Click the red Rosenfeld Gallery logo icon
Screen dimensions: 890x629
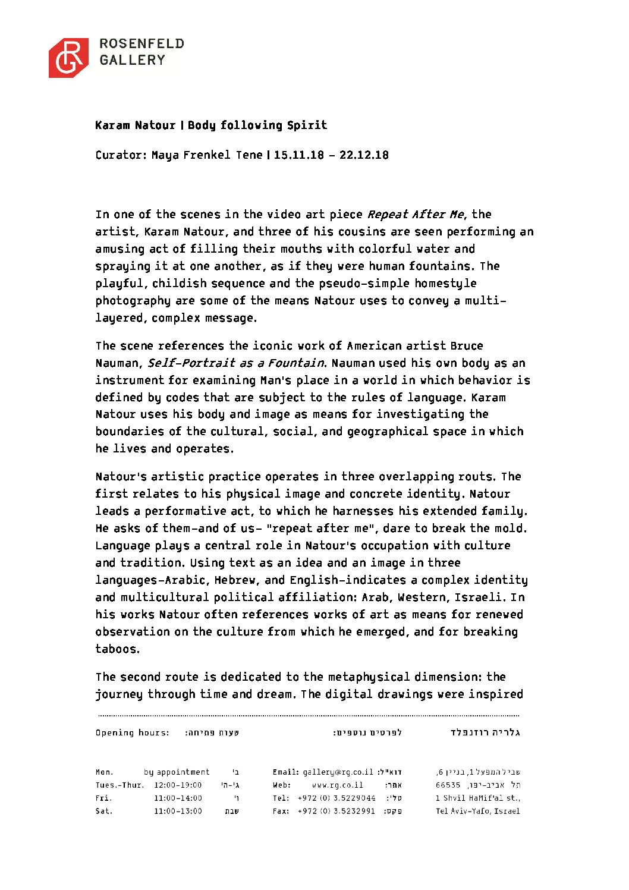click(68, 58)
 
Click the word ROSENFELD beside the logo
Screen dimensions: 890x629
click(141, 43)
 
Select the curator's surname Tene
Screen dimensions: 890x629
click(249, 155)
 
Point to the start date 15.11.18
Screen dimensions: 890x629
click(299, 155)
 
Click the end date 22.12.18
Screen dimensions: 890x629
click(364, 155)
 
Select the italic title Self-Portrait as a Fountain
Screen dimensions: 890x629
click(235, 363)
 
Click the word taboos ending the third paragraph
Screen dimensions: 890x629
click(117, 649)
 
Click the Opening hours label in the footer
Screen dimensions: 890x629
click(132, 733)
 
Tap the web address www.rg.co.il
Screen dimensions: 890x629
click(337, 785)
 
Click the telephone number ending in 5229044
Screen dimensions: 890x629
click(336, 798)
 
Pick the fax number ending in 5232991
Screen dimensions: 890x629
click(336, 812)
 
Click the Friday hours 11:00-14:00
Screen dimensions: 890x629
click(178, 798)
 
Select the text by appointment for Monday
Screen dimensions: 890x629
click(177, 772)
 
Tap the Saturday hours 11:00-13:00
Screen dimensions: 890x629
click(178, 812)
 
